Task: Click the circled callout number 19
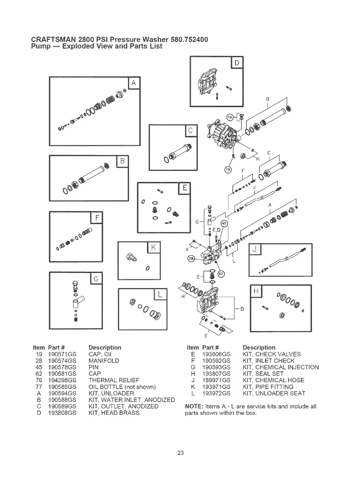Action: pos(230,117)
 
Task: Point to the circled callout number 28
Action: pos(192,259)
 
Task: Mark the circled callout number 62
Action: pos(222,274)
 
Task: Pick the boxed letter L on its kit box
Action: pos(160,294)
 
